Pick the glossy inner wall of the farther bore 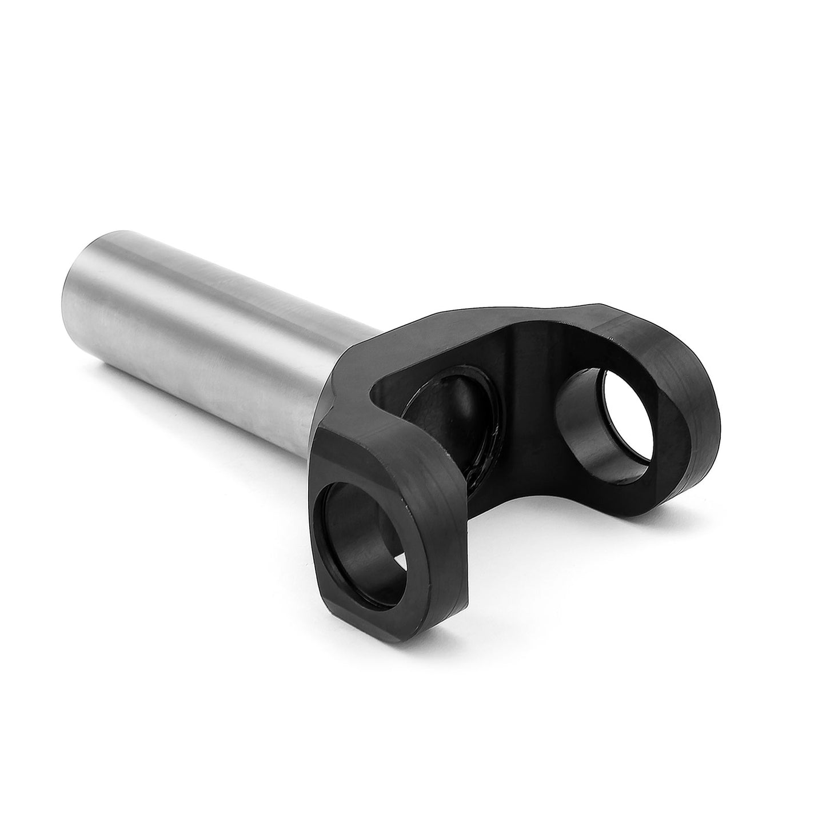583,434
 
